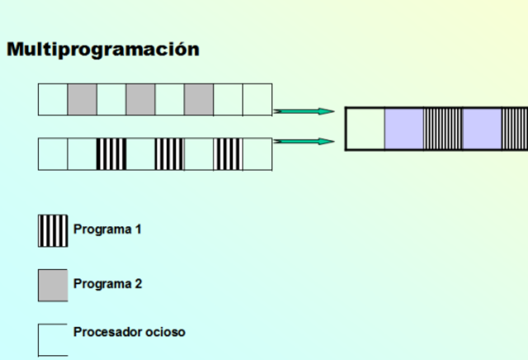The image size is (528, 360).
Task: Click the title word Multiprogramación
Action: point(103,50)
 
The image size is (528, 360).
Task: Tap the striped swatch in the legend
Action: point(53,230)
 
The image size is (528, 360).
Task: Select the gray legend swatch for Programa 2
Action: point(53,285)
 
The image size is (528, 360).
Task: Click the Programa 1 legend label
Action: point(107,230)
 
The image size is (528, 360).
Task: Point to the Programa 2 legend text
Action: point(107,284)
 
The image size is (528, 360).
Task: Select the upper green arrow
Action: point(304,111)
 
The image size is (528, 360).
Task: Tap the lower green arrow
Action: point(304,142)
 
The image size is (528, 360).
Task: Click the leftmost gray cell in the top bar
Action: point(82,100)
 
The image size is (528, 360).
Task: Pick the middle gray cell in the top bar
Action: point(140,100)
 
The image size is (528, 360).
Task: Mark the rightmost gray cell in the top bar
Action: point(199,100)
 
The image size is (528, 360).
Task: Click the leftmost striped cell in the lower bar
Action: point(111,154)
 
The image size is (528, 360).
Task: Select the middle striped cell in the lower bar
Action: point(169,154)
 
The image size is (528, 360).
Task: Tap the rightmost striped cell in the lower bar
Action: point(228,154)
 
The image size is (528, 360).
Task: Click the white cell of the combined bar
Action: point(365,128)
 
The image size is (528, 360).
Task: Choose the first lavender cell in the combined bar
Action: point(404,128)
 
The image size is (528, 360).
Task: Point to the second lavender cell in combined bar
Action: point(482,128)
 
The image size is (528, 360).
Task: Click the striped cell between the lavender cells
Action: point(443,128)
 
